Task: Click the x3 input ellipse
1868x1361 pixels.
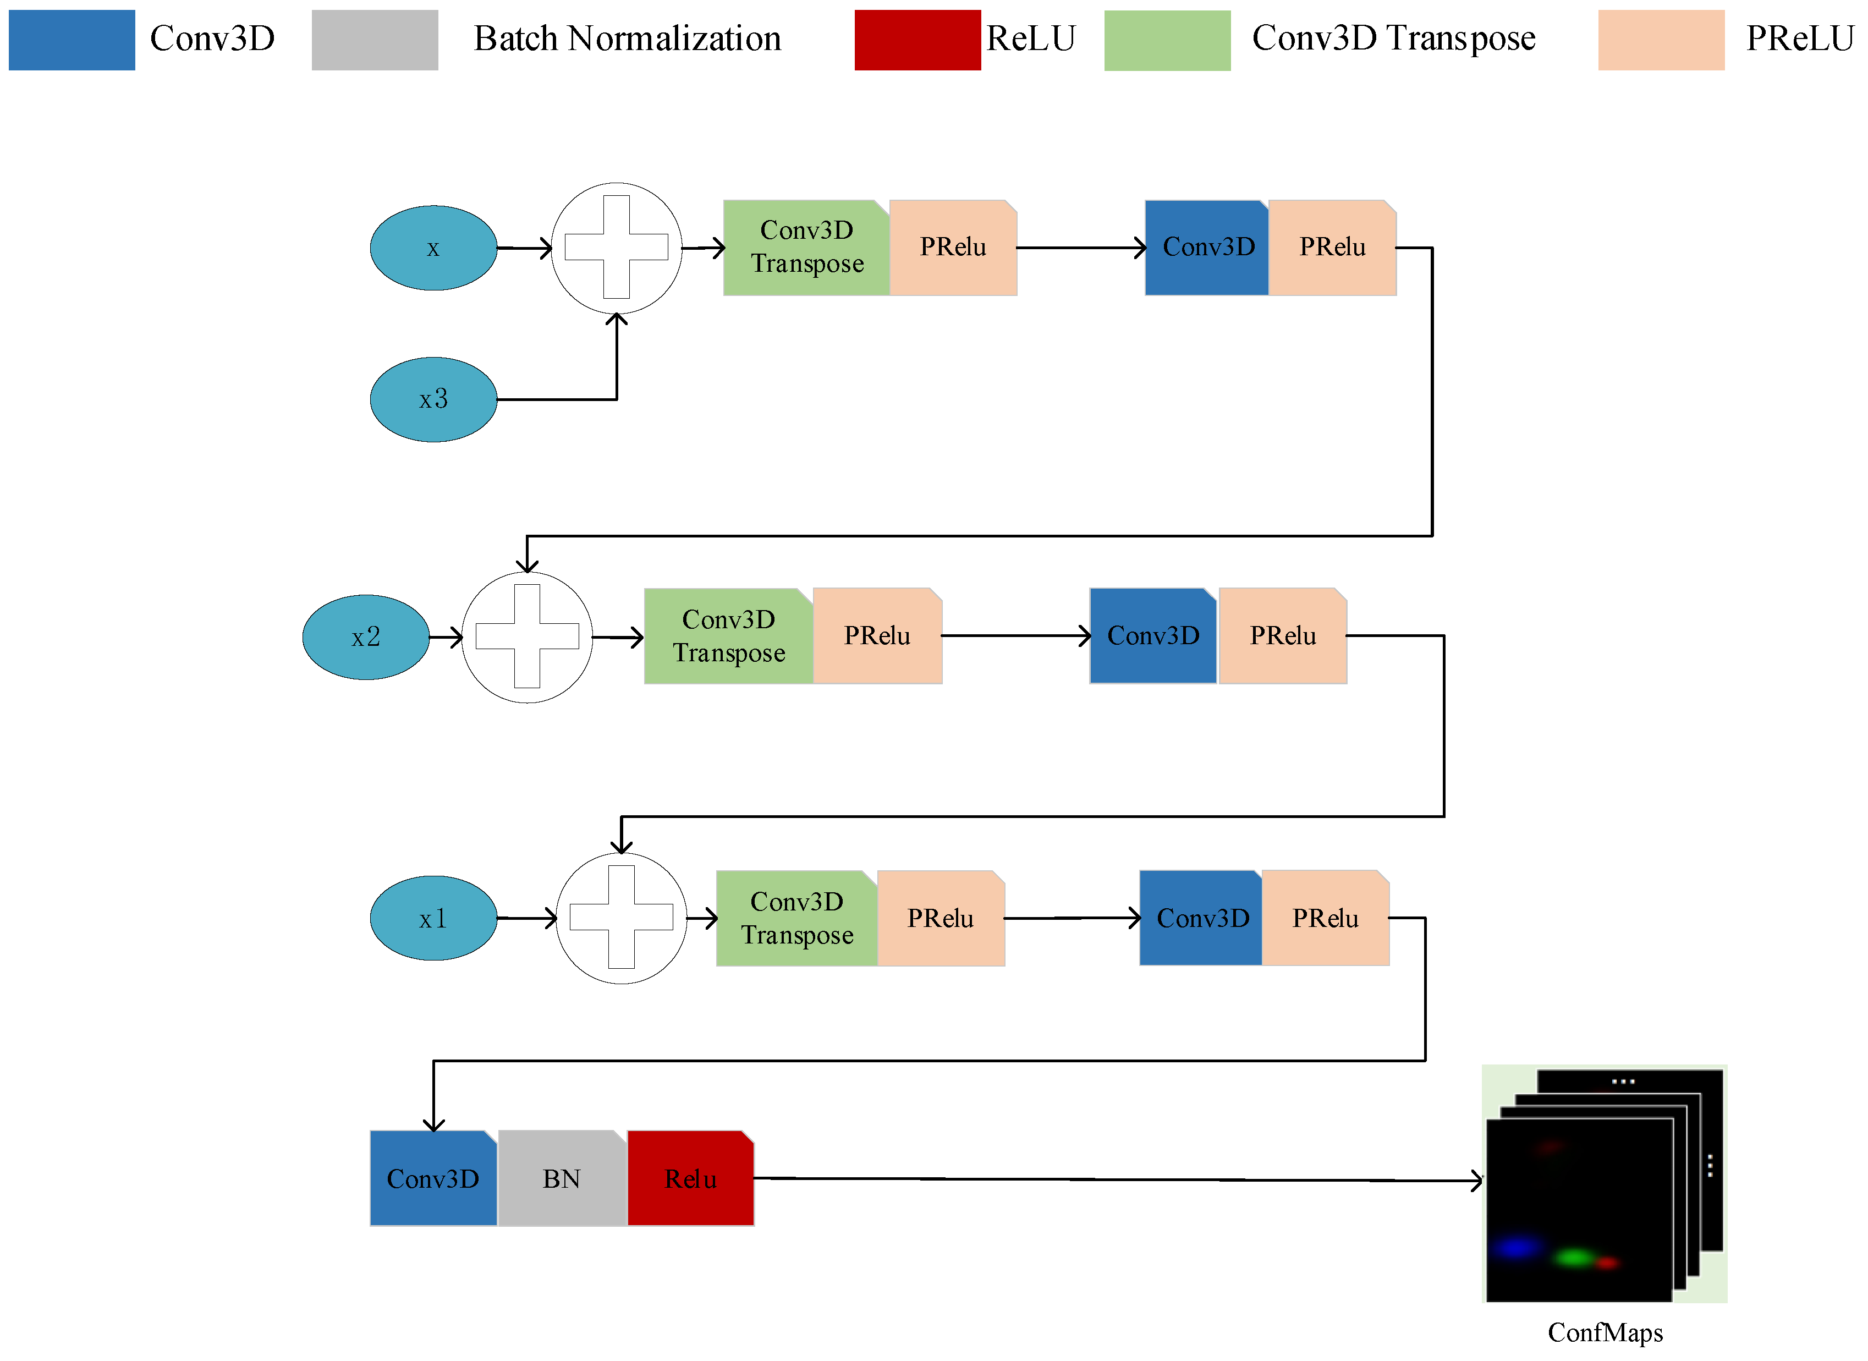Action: click(x=433, y=399)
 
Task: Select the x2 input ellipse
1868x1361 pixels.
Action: click(x=366, y=637)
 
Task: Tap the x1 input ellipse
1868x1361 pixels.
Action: click(x=433, y=918)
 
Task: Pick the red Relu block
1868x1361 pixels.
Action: click(x=690, y=1178)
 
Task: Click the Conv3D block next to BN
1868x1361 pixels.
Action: click(x=433, y=1178)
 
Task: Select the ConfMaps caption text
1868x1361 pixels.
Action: click(x=1605, y=1332)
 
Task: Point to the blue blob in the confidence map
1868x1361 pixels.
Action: click(x=1515, y=1247)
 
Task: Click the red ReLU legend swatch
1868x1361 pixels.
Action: click(x=917, y=40)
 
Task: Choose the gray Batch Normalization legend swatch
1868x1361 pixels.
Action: click(x=375, y=40)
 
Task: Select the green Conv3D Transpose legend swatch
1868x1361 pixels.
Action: click(x=1167, y=40)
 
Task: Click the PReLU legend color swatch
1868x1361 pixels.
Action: click(x=1661, y=40)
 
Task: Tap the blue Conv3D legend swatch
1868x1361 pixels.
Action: click(x=72, y=40)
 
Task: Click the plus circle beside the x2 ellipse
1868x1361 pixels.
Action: click(x=527, y=637)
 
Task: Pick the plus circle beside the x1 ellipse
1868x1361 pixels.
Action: click(x=622, y=918)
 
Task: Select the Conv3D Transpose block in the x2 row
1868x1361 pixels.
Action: click(x=729, y=636)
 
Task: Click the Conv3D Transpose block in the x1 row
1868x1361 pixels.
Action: click(x=797, y=918)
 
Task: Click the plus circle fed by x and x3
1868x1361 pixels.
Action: click(x=616, y=248)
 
